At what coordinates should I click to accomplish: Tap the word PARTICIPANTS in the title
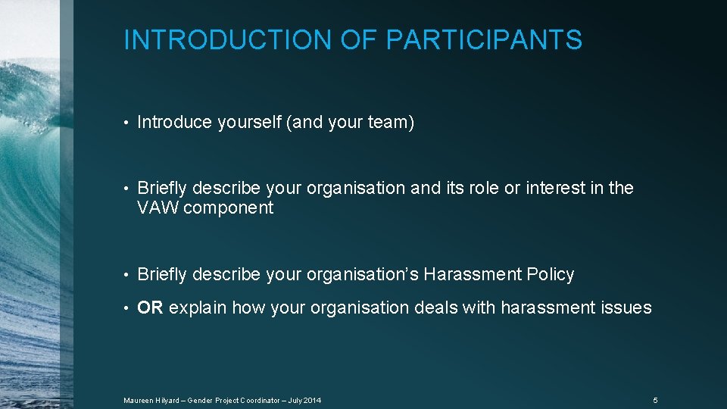tap(484, 39)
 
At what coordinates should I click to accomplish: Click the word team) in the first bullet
tap(390, 123)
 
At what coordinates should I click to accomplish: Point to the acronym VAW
tap(158, 208)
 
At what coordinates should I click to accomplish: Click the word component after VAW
tap(228, 208)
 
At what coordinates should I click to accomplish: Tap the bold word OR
tap(150, 308)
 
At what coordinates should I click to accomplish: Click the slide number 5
tap(655, 400)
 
